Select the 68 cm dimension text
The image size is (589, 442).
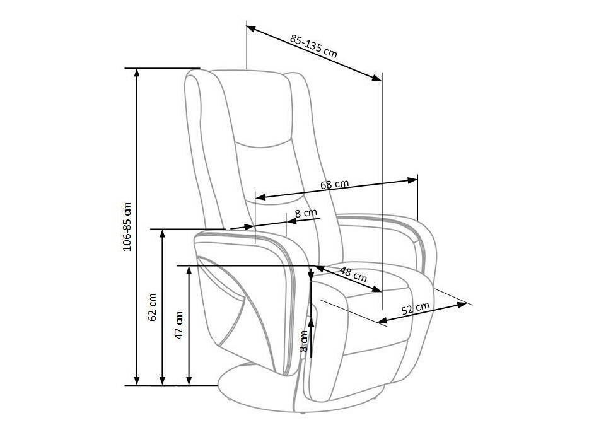pyautogui.click(x=334, y=185)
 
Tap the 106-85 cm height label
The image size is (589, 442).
pyautogui.click(x=127, y=227)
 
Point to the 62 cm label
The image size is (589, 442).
pyautogui.click(x=153, y=307)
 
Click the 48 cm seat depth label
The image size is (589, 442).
pyautogui.click(x=353, y=274)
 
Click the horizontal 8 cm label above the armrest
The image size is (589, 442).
pyautogui.click(x=306, y=213)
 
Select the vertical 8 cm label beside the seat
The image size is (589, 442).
pyautogui.click(x=303, y=341)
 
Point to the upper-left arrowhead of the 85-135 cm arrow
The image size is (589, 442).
pyautogui.click(x=250, y=28)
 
